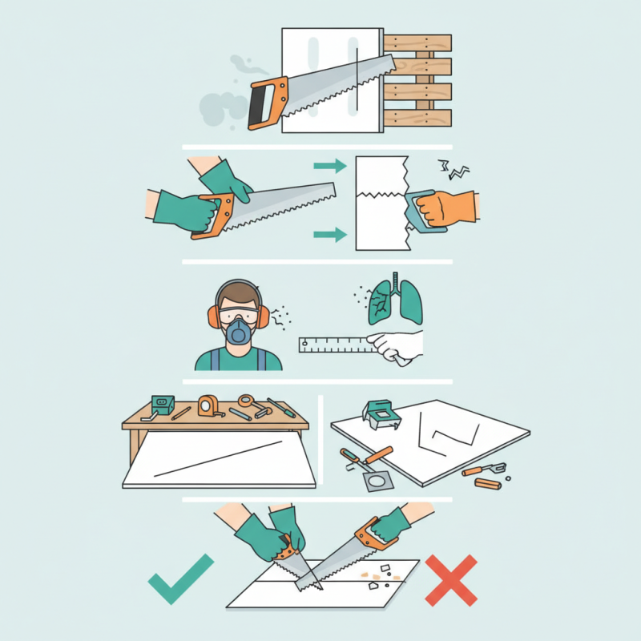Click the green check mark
pos(181,578)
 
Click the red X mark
pos(451,578)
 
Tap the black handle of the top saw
pos(259,105)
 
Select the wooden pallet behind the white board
pos(417,80)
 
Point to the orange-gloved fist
pos(450,208)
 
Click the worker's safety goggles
pos(237,312)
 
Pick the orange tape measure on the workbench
pos(208,405)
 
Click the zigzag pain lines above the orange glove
pos(453,169)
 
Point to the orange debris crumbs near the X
pos(369,574)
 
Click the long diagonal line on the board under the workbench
pos(217,458)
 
